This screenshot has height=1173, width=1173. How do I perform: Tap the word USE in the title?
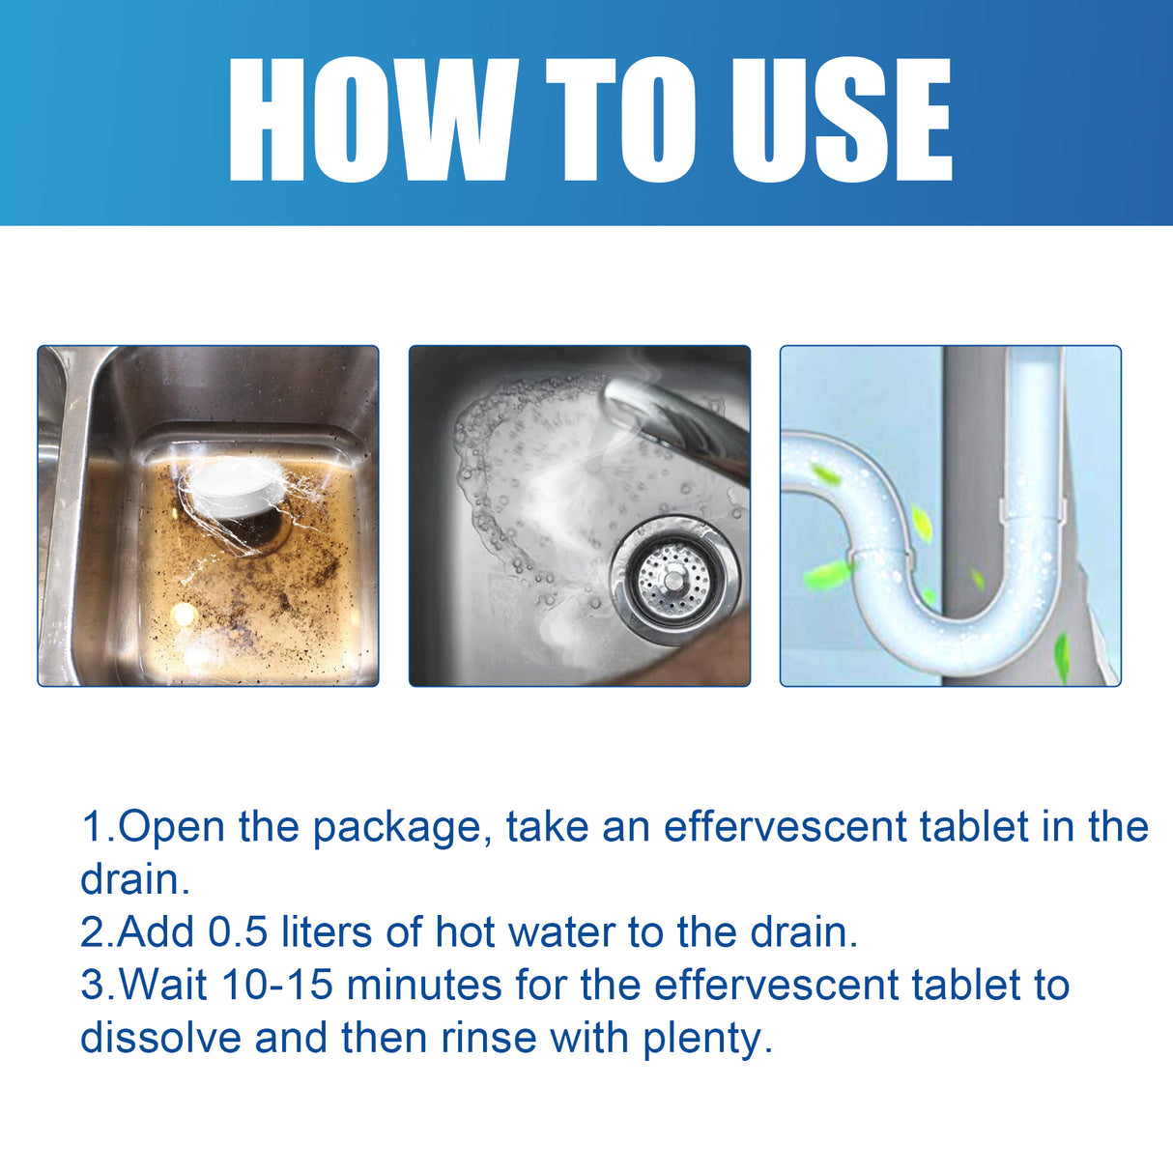click(x=841, y=121)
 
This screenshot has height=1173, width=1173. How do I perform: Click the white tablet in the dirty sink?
click(x=232, y=489)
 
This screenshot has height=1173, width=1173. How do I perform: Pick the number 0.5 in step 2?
click(x=238, y=932)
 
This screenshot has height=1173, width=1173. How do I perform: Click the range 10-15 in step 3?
click(x=277, y=986)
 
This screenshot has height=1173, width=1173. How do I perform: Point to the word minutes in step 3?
click(x=424, y=986)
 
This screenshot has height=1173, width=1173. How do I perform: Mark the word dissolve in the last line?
click(x=160, y=1039)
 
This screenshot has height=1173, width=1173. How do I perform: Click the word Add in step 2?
click(x=157, y=932)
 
